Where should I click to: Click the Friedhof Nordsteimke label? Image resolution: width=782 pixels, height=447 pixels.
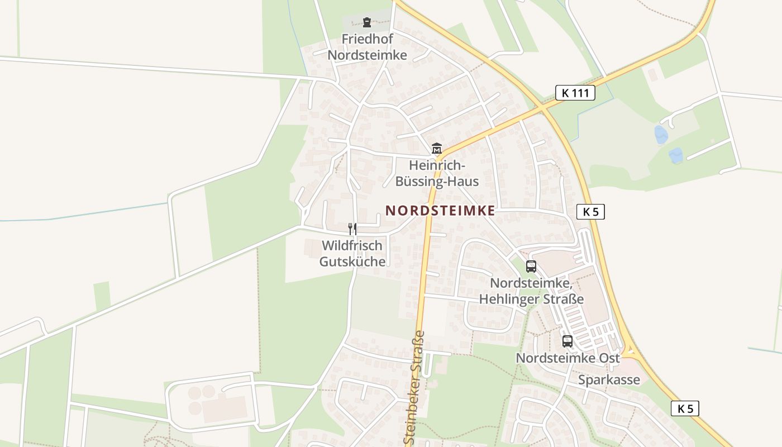point(367,47)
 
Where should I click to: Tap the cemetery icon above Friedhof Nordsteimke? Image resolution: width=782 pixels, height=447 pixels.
point(367,22)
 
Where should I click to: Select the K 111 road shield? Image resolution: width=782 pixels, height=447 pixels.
point(575,93)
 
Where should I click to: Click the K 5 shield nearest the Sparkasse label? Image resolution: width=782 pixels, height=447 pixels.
point(685,408)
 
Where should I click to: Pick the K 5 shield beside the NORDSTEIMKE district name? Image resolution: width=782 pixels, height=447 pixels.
point(590,211)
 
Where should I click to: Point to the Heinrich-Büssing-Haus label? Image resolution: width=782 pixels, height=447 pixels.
point(437,173)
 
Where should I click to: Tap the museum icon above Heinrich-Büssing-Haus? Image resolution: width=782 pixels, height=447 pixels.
point(437,149)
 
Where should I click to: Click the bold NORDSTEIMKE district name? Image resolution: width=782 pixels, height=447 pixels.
point(440,211)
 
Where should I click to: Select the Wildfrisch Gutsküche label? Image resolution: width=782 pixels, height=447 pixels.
point(352,253)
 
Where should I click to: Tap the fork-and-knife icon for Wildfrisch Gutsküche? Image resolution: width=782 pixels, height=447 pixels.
point(352,229)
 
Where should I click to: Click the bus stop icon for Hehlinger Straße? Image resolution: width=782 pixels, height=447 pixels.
point(531,267)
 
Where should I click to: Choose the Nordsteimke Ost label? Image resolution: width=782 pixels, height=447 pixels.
point(568,358)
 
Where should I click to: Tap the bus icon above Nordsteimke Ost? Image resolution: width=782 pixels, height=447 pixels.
point(568,341)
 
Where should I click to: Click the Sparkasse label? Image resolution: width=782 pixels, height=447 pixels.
point(609,380)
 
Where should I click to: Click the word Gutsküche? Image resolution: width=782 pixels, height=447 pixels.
point(352,261)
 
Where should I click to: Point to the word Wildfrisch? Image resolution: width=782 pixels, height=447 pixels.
point(352,245)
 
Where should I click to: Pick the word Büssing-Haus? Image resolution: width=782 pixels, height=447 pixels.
point(437,181)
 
